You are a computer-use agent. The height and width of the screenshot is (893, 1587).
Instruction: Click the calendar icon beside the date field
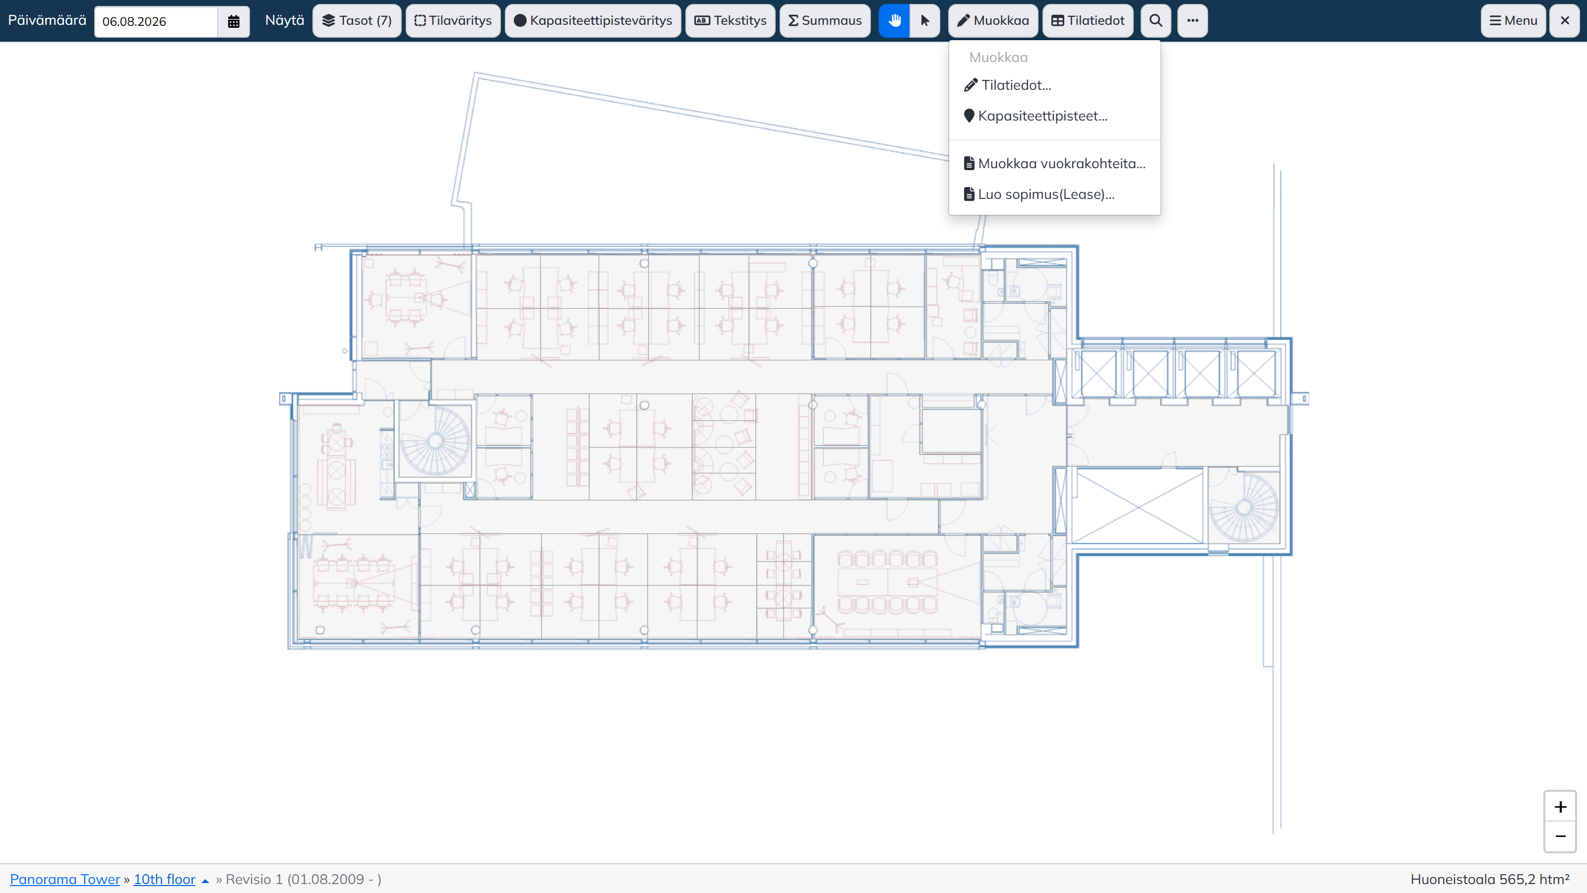pyautogui.click(x=234, y=21)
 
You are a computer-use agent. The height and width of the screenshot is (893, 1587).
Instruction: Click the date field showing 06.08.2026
pyautogui.click(x=156, y=21)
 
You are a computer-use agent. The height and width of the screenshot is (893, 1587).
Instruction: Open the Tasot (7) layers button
pyautogui.click(x=357, y=21)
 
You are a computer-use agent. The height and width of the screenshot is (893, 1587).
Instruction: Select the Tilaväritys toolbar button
pyautogui.click(x=453, y=21)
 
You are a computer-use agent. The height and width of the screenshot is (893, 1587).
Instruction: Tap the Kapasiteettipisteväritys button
pyautogui.click(x=593, y=21)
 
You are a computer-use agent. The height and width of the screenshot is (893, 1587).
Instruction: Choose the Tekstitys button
pyautogui.click(x=730, y=21)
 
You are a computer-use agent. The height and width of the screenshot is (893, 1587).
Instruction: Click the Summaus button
pyautogui.click(x=825, y=21)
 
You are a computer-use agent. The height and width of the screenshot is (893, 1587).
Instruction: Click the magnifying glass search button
pyautogui.click(x=1156, y=21)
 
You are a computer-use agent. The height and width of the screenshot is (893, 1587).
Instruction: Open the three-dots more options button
pyautogui.click(x=1193, y=21)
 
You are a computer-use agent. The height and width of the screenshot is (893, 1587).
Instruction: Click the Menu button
pyautogui.click(x=1513, y=21)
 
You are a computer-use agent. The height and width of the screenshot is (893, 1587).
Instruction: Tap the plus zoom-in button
pyautogui.click(x=1560, y=807)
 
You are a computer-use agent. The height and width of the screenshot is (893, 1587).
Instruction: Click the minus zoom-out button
pyautogui.click(x=1560, y=836)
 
